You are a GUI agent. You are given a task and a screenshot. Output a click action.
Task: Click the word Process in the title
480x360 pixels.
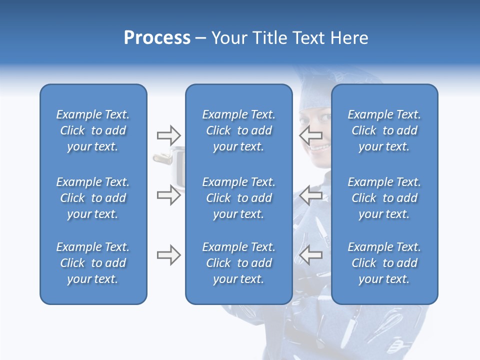[157, 38]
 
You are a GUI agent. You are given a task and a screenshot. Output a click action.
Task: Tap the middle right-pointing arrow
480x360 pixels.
[168, 195]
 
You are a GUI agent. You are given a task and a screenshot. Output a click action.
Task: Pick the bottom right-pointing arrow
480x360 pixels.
[168, 255]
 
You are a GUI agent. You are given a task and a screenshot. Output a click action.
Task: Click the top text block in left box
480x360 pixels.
[93, 130]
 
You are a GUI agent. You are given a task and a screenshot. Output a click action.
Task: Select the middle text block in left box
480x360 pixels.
[93, 198]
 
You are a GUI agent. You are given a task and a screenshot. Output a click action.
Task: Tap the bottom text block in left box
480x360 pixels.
[93, 263]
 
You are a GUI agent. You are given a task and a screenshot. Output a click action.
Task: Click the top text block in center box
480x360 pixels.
[238, 130]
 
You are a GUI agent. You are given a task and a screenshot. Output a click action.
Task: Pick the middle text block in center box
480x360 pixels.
[238, 198]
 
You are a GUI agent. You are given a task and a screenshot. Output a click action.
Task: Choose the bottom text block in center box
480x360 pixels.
[238, 263]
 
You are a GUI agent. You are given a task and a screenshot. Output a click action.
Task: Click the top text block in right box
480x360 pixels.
[384, 130]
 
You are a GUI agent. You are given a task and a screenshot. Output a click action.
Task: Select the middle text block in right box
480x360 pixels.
[384, 198]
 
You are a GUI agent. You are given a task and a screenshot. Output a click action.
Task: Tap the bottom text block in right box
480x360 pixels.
[384, 263]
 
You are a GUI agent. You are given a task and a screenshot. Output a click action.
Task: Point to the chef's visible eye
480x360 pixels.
[323, 116]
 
